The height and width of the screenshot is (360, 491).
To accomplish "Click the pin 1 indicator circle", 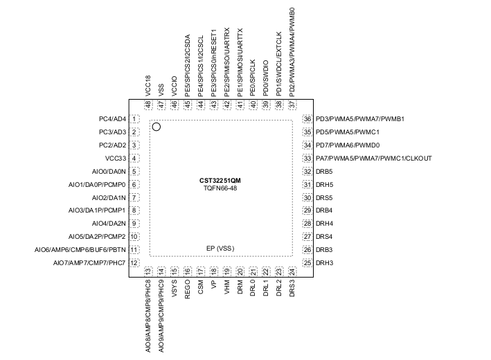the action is pos(157,127).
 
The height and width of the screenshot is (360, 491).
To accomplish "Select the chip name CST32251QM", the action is pos(220,181).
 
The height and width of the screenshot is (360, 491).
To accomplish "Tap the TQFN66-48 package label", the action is pos(220,188).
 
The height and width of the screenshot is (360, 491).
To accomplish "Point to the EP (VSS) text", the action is pos(220,249).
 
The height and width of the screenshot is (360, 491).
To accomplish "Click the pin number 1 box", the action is pos(134,119).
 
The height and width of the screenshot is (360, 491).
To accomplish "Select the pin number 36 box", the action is pos(307,119).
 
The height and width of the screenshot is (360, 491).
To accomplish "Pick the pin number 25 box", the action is pos(307,263).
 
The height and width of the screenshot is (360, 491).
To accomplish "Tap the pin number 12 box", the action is pos(134,263).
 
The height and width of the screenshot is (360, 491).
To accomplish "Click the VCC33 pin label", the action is pos(116,159).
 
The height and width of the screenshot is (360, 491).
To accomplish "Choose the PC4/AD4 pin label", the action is pos(112,119).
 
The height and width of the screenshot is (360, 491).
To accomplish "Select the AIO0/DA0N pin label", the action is pos(109,172).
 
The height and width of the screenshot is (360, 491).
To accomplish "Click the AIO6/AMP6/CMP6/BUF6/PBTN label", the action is pos(80,250).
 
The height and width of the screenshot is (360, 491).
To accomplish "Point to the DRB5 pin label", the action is pos(324,172).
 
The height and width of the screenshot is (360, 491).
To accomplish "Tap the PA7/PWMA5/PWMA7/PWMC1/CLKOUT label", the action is pos(374,159).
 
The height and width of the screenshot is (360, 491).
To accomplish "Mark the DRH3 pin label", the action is pos(324,263).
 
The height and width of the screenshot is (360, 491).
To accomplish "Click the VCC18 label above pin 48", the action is pos(148,85).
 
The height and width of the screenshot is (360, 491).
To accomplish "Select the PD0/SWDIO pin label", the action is pos(266,78).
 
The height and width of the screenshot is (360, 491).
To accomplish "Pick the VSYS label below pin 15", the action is pos(175,288).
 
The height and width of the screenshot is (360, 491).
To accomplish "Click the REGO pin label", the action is pos(187,289).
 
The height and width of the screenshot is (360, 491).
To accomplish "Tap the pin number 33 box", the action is pos(307,159).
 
